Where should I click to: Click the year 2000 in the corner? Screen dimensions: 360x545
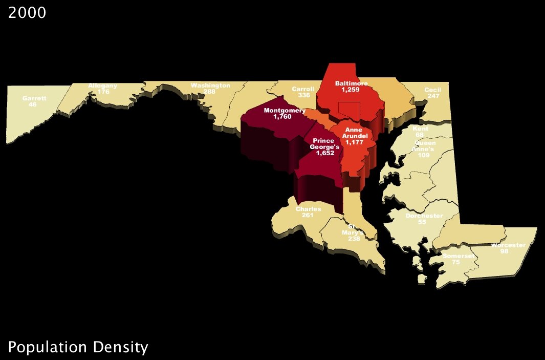(x=27, y=13)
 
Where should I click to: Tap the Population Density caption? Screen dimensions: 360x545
(x=78, y=348)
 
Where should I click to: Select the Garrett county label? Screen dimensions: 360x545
(x=34, y=98)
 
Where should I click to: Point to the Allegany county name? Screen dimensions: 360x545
(x=103, y=86)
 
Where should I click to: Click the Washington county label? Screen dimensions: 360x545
(x=210, y=86)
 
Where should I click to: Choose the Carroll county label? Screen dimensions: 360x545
(x=303, y=89)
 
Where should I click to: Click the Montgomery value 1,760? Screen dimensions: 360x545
(x=281, y=117)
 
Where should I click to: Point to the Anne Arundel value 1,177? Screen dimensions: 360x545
(x=354, y=143)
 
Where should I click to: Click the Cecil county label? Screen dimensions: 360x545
(x=433, y=90)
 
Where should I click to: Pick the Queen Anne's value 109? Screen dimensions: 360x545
(x=424, y=155)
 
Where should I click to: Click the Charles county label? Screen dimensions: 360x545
(x=309, y=209)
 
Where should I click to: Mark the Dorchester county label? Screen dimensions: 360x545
(x=424, y=216)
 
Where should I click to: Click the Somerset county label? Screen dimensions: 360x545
(x=455, y=256)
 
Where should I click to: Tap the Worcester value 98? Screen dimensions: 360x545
(x=504, y=251)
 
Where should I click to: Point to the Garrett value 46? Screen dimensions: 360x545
(x=33, y=104)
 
